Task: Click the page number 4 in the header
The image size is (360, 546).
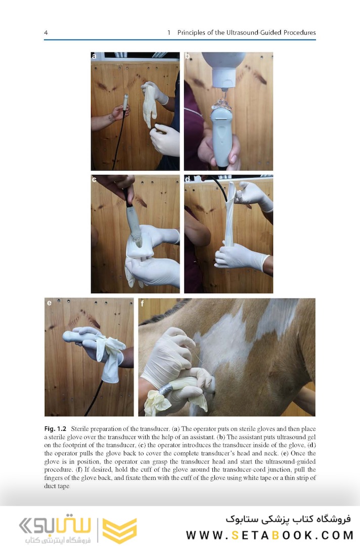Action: pyautogui.click(x=46, y=33)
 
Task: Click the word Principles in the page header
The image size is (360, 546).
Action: pyautogui.click(x=191, y=33)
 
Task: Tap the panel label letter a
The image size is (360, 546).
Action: pyautogui.click(x=94, y=56)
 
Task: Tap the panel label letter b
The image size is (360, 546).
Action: pyautogui.click(x=187, y=56)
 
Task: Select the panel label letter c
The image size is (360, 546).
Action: pyautogui.click(x=94, y=179)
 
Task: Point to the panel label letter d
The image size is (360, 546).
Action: pyautogui.click(x=188, y=179)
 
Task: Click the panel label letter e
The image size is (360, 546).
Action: pyautogui.click(x=49, y=303)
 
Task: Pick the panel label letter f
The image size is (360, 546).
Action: pyautogui.click(x=142, y=303)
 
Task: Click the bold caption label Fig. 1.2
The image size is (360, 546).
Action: pyautogui.click(x=55, y=429)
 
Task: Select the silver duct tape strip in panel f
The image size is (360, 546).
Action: pyautogui.click(x=165, y=389)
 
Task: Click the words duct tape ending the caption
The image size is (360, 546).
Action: pyautogui.click(x=57, y=486)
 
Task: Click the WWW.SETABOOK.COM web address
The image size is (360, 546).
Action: pyautogui.click(x=269, y=535)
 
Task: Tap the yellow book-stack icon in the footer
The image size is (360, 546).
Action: pyautogui.click(x=120, y=530)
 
